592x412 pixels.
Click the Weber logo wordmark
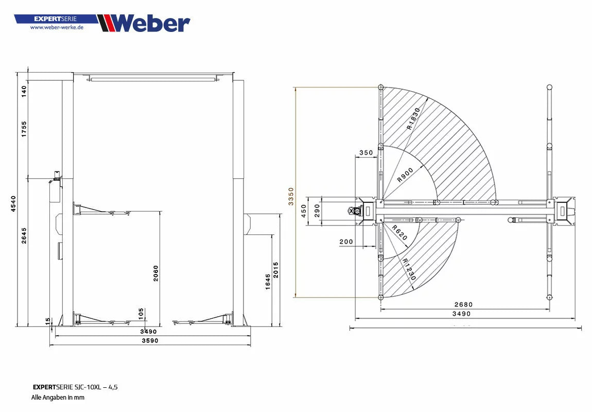pos(150,23)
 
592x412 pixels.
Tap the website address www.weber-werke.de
pos(57,27)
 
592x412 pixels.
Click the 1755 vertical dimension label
pos(24,130)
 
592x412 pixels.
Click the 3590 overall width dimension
pos(150,340)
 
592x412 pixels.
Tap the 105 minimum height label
pos(141,313)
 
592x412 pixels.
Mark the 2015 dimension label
pos(276,270)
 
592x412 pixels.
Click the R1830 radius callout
pos(413,118)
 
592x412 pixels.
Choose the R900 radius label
pos(405,176)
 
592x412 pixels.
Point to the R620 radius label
pos(399,233)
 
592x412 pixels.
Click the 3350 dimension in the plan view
pos(291,196)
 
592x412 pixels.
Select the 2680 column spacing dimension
pos(463,304)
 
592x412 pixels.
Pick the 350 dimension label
pos(365,152)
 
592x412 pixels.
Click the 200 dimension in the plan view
pos(346,242)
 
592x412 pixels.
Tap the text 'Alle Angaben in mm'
pos(58,397)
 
